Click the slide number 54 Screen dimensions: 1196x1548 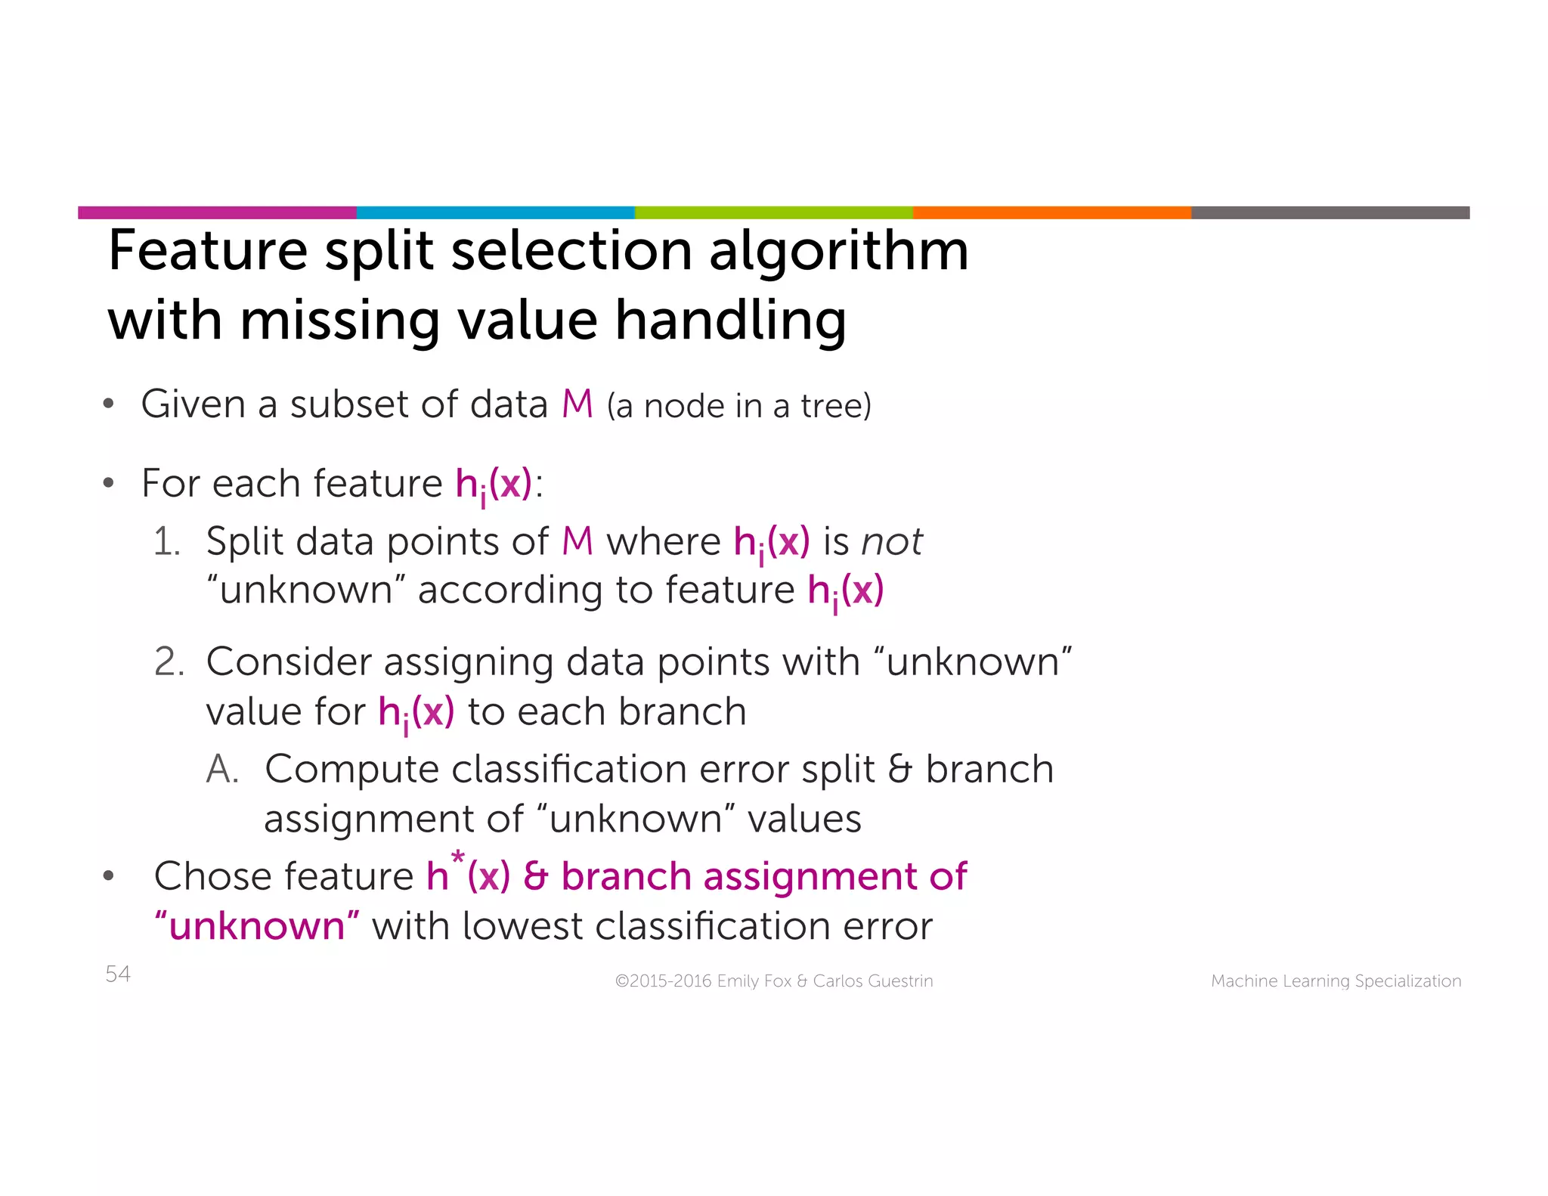[118, 974]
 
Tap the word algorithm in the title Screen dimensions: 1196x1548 [838, 252]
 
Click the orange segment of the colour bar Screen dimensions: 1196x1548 [1051, 212]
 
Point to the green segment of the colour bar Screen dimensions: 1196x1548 [773, 212]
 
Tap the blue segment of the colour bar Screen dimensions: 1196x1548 [495, 212]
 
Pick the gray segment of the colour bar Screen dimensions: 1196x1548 [1330, 212]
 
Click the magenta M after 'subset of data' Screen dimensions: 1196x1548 [577, 404]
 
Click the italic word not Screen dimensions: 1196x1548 [892, 542]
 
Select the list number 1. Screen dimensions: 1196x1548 [166, 542]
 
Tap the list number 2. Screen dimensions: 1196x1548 [169, 662]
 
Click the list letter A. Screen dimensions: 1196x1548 [222, 770]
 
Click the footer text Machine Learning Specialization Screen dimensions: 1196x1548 [1336, 981]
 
